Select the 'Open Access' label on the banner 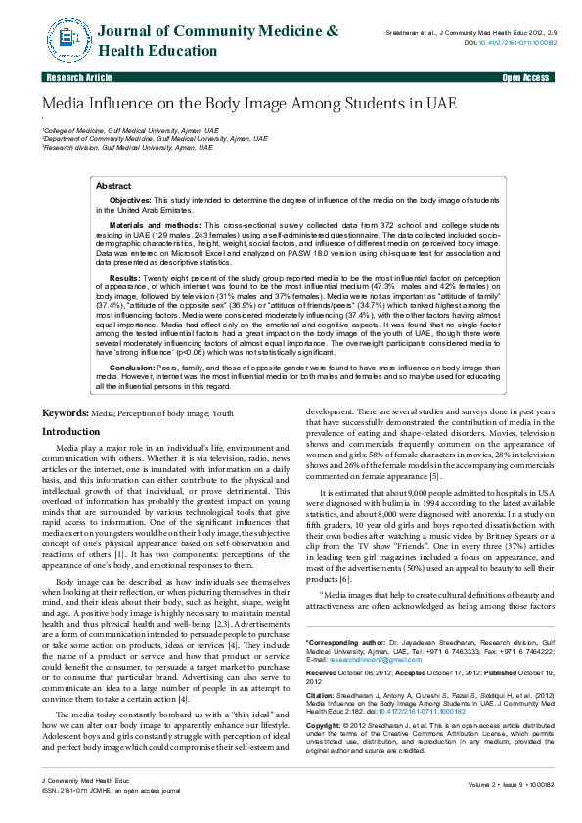pos(525,76)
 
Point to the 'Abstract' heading pos(113,185)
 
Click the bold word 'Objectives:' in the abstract pos(130,199)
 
